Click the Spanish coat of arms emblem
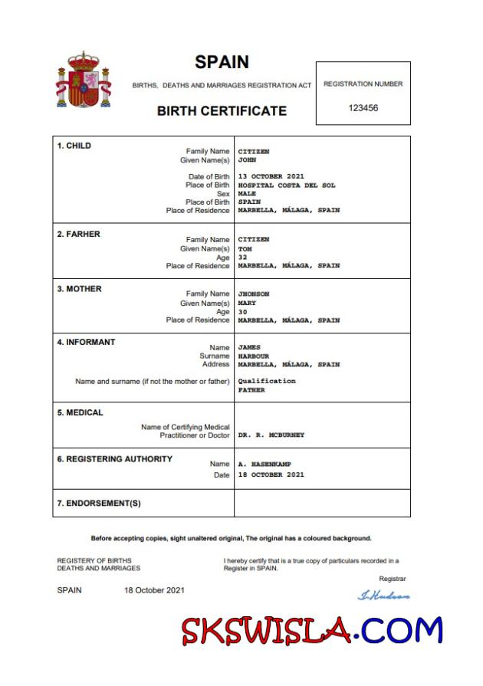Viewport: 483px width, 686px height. coord(84,80)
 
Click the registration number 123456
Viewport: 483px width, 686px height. coord(363,108)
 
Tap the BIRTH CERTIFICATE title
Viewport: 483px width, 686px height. coord(222,110)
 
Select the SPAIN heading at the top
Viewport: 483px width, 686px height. coord(222,62)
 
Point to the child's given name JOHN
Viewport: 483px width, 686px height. coord(247,160)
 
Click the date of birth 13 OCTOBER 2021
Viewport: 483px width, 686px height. coord(271,177)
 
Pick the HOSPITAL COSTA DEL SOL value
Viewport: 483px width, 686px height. coord(286,185)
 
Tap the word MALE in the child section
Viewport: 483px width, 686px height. coord(247,194)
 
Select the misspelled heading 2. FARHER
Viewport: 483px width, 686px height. coord(78,234)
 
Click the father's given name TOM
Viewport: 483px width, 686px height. coord(245,249)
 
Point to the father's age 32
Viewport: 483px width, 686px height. coord(243,258)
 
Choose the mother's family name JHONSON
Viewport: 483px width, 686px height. coord(253,294)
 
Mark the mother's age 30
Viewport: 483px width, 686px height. coord(243,312)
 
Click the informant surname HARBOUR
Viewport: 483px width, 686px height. coord(253,356)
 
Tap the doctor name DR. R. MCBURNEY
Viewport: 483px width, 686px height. coord(271,435)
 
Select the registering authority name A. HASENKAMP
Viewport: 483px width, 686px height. coord(264,464)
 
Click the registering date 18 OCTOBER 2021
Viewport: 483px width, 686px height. coord(271,474)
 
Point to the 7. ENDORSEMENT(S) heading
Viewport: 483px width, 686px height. coord(99,504)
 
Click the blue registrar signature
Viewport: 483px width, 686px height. coord(383,596)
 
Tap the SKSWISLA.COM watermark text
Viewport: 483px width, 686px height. coord(312,631)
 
